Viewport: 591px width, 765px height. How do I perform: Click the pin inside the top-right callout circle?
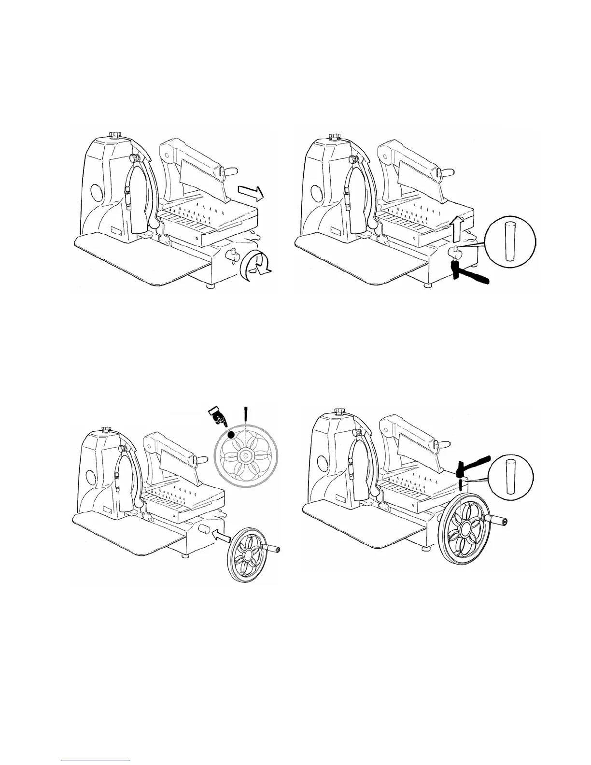point(508,242)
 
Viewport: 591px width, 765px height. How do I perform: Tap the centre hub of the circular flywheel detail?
point(246,455)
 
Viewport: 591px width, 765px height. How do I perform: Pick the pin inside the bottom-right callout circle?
point(508,478)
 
